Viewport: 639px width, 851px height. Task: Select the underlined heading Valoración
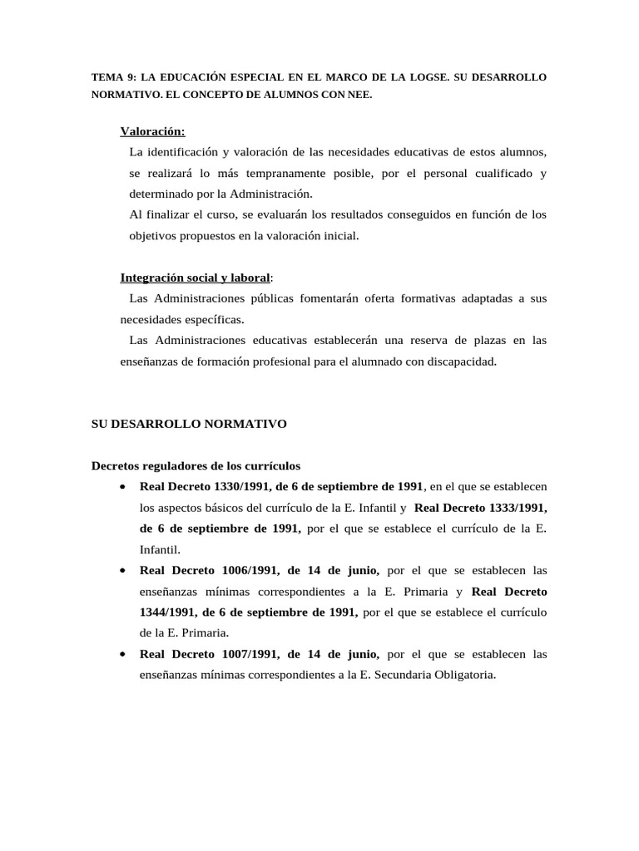click(x=153, y=131)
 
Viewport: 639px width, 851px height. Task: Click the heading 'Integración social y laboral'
click(x=196, y=278)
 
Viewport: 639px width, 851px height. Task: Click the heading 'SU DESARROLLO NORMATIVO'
click(x=189, y=424)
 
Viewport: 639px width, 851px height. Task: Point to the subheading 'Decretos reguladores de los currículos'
click(x=196, y=465)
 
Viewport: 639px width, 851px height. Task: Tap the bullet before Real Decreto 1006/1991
click(x=123, y=571)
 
